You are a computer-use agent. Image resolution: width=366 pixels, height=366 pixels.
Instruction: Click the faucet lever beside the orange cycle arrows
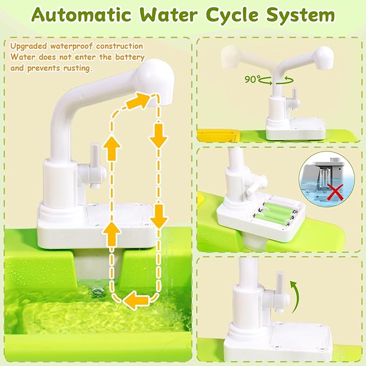(93, 167)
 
